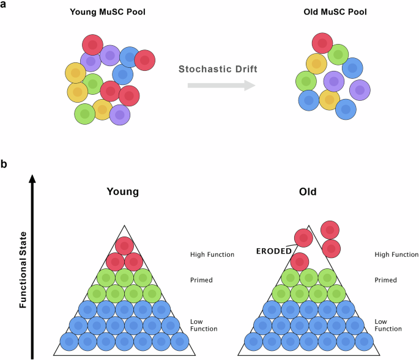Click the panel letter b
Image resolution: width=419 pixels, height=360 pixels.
[4, 164]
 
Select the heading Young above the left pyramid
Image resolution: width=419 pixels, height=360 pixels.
[123, 191]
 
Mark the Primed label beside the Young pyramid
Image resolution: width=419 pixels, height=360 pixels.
[202, 280]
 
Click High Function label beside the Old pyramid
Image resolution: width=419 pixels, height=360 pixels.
[396, 254]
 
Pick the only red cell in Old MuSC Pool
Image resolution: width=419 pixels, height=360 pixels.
[322, 43]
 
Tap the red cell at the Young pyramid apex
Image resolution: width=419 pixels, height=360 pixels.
[124, 246]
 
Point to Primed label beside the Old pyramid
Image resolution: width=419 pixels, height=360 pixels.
[385, 280]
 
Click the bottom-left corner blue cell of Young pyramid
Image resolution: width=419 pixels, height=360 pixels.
[69, 341]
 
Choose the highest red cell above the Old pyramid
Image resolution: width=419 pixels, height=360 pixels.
[330, 230]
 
